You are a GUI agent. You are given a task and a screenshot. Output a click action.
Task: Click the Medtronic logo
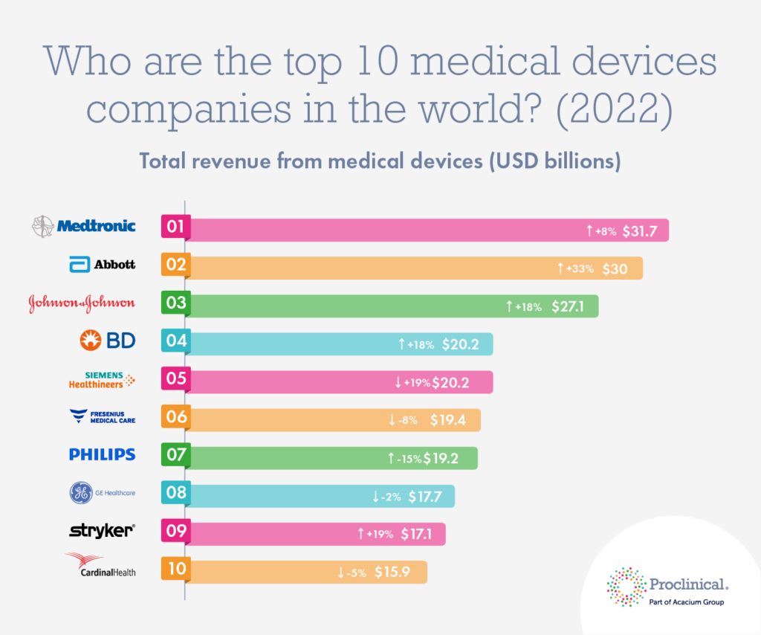[x=83, y=225]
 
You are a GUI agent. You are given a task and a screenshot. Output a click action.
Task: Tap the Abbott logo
[x=103, y=264]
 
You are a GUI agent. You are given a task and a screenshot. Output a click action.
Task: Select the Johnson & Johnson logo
[x=82, y=303]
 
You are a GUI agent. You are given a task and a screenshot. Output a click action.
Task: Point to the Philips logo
[x=102, y=454]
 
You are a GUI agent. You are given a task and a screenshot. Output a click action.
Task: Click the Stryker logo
[x=102, y=530]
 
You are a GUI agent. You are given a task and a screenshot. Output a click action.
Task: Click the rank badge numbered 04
[x=176, y=341]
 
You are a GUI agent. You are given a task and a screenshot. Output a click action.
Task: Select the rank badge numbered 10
[x=176, y=570]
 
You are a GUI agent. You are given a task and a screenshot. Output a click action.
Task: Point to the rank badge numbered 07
[x=176, y=455]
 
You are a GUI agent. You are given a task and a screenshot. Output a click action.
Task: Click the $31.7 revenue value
[x=642, y=231]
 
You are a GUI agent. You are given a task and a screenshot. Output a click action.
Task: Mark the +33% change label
[x=580, y=269]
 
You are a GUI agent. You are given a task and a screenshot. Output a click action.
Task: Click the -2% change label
[x=391, y=497]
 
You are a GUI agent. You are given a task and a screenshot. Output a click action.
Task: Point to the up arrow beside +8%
[x=589, y=231]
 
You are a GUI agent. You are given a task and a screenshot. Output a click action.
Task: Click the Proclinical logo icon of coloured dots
[x=626, y=586]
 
